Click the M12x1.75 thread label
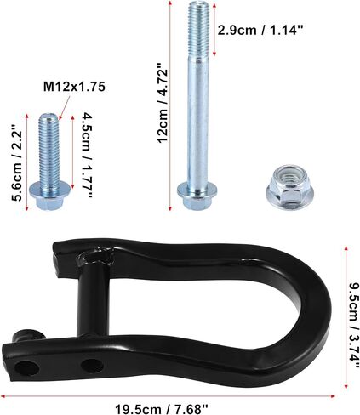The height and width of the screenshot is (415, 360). click(x=74, y=87)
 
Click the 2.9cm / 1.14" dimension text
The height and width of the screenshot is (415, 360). click(x=260, y=30)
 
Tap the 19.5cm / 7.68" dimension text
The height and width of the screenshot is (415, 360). click(x=162, y=409)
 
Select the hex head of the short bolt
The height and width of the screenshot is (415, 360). click(x=49, y=195)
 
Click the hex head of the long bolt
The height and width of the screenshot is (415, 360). click(x=197, y=196)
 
